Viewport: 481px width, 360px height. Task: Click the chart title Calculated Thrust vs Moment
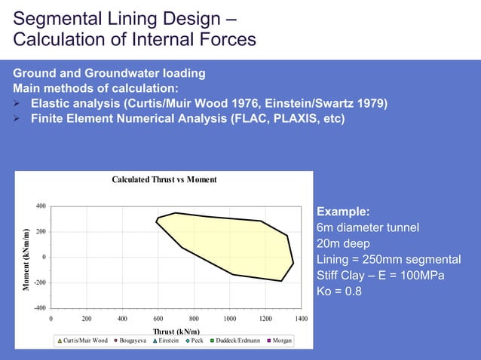(x=164, y=179)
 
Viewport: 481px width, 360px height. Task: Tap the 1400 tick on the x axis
(x=301, y=319)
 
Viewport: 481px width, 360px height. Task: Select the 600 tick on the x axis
(x=158, y=319)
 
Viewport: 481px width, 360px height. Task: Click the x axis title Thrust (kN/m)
(x=175, y=331)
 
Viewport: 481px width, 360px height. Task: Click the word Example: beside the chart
(x=343, y=212)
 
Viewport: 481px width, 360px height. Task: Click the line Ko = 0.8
(x=339, y=292)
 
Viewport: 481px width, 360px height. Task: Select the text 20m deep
(x=343, y=243)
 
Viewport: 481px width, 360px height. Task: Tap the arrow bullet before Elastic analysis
(x=18, y=103)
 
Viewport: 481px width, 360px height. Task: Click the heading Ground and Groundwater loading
(x=109, y=73)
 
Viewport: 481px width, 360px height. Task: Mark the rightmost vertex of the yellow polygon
(x=293, y=264)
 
